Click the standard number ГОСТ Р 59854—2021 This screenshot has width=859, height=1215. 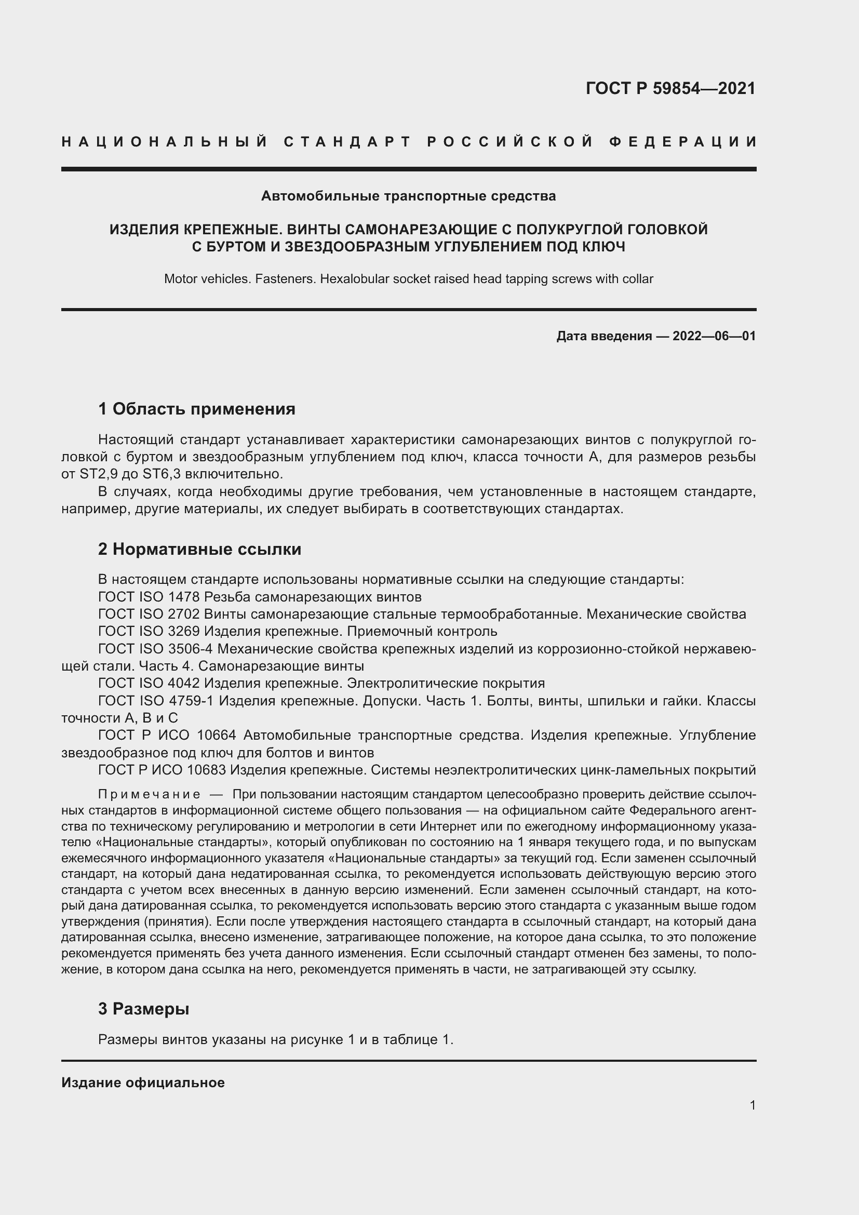click(670, 88)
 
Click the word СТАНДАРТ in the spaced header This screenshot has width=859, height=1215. click(347, 142)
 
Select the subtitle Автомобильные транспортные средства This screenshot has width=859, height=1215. click(408, 196)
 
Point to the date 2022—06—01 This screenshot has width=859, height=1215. click(714, 336)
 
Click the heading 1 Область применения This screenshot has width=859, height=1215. click(197, 409)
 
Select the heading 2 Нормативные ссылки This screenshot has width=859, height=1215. click(199, 549)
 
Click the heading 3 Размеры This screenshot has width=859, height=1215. click(143, 1009)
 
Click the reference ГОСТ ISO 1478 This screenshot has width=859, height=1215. click(149, 597)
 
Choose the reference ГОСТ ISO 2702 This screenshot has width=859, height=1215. click(149, 615)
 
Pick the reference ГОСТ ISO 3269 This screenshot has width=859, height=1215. click(149, 631)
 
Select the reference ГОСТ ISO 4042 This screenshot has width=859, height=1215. click(149, 683)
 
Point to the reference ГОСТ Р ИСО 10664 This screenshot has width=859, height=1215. click(167, 735)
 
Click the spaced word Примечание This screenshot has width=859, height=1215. click(149, 794)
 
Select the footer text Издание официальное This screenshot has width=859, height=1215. click(143, 1083)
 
